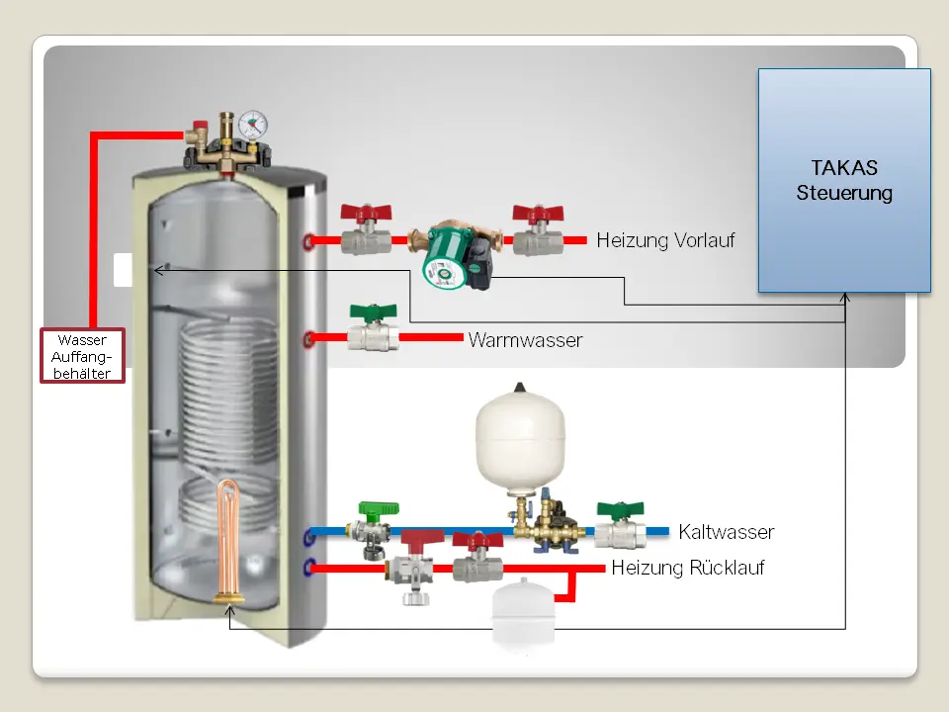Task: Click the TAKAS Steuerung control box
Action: [x=844, y=180]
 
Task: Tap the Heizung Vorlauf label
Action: [x=665, y=240]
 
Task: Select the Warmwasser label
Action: [x=525, y=340]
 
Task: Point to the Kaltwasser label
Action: [x=726, y=532]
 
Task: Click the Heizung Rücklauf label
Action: [x=687, y=568]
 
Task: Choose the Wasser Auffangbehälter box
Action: [x=82, y=356]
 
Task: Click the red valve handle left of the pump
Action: [x=366, y=213]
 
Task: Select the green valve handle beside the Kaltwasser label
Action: [x=620, y=509]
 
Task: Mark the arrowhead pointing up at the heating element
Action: [x=228, y=614]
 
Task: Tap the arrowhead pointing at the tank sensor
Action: [x=157, y=268]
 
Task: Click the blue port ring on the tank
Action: [x=310, y=535]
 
